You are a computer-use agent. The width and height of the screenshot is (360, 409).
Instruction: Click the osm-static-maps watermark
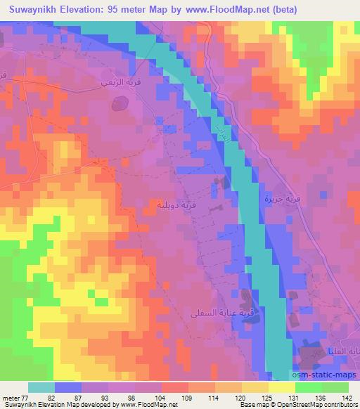point(327,377)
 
